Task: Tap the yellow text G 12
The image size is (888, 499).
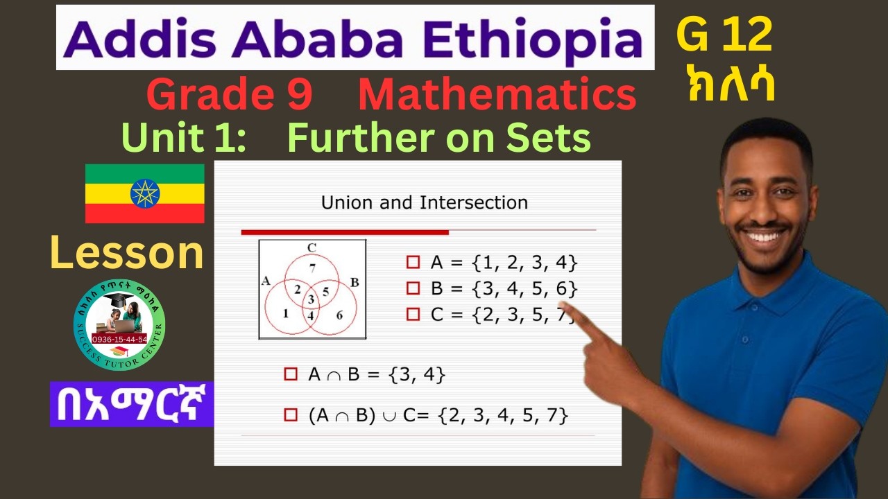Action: tap(724, 36)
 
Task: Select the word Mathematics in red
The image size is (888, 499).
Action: tap(497, 96)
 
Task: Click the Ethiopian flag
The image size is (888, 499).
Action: tap(144, 193)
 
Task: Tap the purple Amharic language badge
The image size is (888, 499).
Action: tap(132, 404)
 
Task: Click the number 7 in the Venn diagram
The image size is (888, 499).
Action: tap(312, 268)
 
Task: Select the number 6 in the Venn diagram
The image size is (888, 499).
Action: tap(339, 315)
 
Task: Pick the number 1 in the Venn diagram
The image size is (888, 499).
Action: tap(285, 313)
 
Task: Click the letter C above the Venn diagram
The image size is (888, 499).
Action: tap(311, 247)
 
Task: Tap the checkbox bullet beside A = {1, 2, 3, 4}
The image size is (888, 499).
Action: tap(413, 263)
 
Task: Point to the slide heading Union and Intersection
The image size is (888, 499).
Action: tap(425, 203)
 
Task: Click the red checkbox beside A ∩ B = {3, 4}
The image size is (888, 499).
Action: tap(291, 375)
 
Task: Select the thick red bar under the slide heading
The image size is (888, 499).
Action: tap(345, 231)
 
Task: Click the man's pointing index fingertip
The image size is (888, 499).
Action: tap(565, 308)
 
